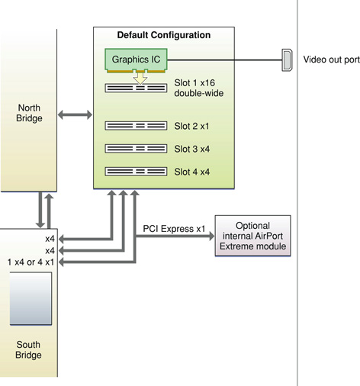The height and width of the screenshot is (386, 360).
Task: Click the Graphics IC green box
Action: click(136, 59)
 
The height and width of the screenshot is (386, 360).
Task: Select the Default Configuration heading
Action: click(164, 35)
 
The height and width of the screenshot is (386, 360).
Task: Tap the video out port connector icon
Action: click(287, 59)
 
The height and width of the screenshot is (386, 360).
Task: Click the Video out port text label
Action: click(330, 60)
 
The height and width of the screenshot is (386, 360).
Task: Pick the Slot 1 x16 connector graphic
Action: click(136, 88)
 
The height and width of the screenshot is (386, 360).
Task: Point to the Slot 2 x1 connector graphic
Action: click(136, 124)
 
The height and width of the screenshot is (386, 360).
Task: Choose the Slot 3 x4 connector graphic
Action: click(136, 148)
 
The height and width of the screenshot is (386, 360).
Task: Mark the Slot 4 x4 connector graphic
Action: click(136, 171)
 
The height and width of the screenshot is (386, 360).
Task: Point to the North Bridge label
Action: click(29, 113)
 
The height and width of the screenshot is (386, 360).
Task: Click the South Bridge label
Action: click(29, 349)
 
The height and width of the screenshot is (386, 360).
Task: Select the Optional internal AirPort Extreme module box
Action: click(253, 236)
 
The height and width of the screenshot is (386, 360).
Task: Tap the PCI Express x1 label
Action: click(174, 228)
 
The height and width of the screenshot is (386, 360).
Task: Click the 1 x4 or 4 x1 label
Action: click(30, 262)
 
